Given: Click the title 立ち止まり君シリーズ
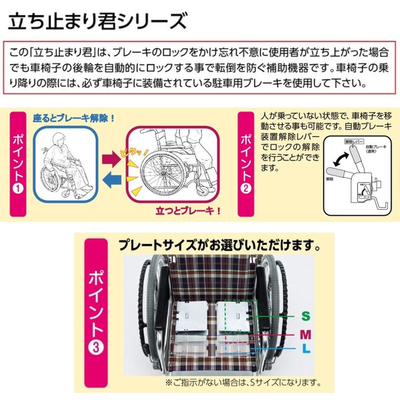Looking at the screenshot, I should pos(96,20).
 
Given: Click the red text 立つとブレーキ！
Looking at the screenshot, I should pos(188,210).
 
